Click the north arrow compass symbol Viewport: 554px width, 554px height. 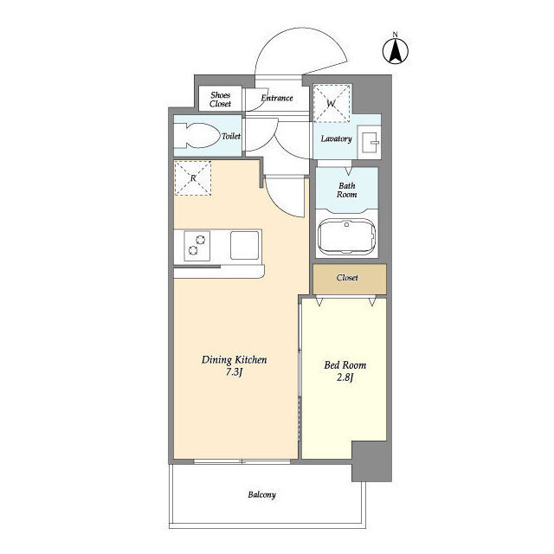pos(396,51)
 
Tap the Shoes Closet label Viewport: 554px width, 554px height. pos(220,100)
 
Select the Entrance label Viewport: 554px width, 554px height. pos(277,98)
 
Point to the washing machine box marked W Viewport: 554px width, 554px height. pos(332,103)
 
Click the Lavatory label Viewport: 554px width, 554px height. pos(336,138)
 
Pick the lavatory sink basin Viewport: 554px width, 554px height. pos(369,142)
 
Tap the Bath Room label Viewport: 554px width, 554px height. pos(346,190)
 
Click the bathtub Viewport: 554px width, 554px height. pos(346,236)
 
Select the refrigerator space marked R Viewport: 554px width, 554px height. pos(192,178)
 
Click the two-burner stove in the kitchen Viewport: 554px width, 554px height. pos(196,246)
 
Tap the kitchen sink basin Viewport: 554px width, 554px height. pos(244,245)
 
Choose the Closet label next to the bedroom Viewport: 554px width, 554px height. pos(347,278)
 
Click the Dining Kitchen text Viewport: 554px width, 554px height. pos(235,360)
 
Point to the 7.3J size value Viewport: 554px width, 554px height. pos(234,372)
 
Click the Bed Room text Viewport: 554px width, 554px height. pos(345,365)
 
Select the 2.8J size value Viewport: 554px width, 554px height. pos(345,377)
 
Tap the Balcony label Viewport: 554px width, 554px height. pos(261,494)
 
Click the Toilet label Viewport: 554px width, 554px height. pos(231,136)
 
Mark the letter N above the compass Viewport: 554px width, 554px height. pos(396,35)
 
